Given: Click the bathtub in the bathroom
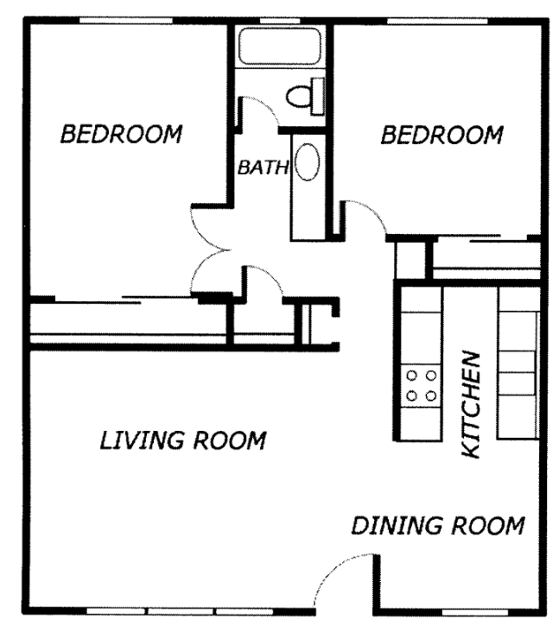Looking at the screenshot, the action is pyautogui.click(x=280, y=46).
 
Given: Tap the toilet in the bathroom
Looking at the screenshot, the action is pyautogui.click(x=306, y=96).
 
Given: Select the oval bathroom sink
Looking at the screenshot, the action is pyautogui.click(x=308, y=162).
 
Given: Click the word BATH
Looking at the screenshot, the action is pyautogui.click(x=263, y=168).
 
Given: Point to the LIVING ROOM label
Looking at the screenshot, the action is pyautogui.click(x=182, y=440).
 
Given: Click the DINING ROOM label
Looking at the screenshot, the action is pyautogui.click(x=438, y=525).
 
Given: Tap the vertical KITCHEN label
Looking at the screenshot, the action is pyautogui.click(x=470, y=404).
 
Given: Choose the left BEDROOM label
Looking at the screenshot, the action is pyautogui.click(x=121, y=134).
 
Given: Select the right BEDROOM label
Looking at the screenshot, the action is pyautogui.click(x=441, y=135).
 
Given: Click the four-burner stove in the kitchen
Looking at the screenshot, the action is pyautogui.click(x=421, y=386).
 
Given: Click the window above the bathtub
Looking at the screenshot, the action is pyautogui.click(x=280, y=21).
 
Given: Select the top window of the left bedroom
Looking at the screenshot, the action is pyautogui.click(x=126, y=21).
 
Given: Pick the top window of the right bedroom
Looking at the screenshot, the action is pyautogui.click(x=438, y=21).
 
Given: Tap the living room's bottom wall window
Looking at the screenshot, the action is pyautogui.click(x=181, y=611).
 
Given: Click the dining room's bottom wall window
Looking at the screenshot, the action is pyautogui.click(x=475, y=612).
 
